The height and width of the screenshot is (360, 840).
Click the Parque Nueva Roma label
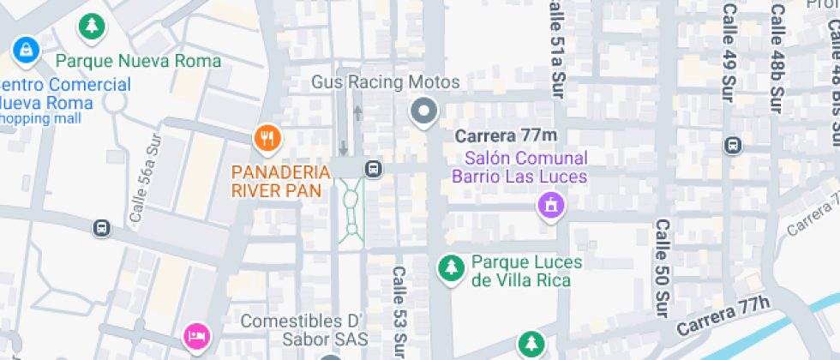(138, 61)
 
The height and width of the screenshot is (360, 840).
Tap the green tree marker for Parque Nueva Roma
(90, 27)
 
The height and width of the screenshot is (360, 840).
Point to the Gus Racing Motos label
(385, 82)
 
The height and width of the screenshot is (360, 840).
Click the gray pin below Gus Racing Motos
(423, 111)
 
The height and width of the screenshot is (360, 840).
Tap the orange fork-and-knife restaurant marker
(268, 137)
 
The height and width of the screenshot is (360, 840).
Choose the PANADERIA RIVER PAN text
(281, 179)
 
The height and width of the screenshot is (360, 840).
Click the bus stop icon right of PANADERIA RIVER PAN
(374, 168)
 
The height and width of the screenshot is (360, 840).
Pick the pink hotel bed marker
(197, 335)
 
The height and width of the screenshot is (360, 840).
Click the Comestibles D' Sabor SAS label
(304, 330)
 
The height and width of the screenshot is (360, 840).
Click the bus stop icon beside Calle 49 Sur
(733, 146)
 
